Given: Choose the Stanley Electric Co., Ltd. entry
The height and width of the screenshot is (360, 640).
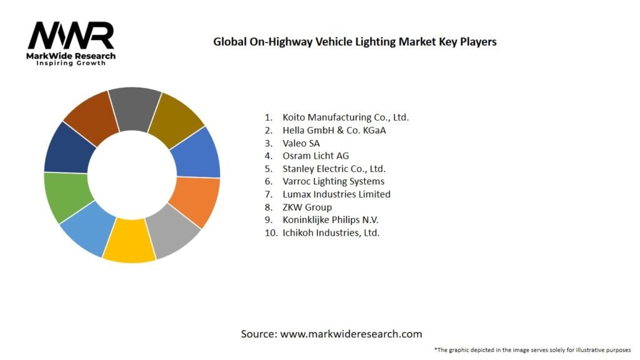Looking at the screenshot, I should pyautogui.click(x=334, y=169).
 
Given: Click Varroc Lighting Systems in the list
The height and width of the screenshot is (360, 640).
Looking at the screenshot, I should pyautogui.click(x=333, y=181).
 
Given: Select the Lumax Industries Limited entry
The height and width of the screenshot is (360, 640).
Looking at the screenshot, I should pyautogui.click(x=336, y=194).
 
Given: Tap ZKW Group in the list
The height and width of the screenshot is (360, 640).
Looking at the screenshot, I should pyautogui.click(x=307, y=207).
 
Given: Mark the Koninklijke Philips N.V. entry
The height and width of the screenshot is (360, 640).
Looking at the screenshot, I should pyautogui.click(x=330, y=220).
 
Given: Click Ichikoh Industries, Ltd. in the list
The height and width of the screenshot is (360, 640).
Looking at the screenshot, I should pyautogui.click(x=331, y=232).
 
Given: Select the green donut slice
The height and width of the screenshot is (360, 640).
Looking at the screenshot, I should pyautogui.click(x=66, y=196).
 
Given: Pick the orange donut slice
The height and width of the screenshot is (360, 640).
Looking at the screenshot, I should pyautogui.click(x=197, y=201).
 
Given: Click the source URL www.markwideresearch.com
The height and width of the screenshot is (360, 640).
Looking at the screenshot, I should pyautogui.click(x=351, y=334).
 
